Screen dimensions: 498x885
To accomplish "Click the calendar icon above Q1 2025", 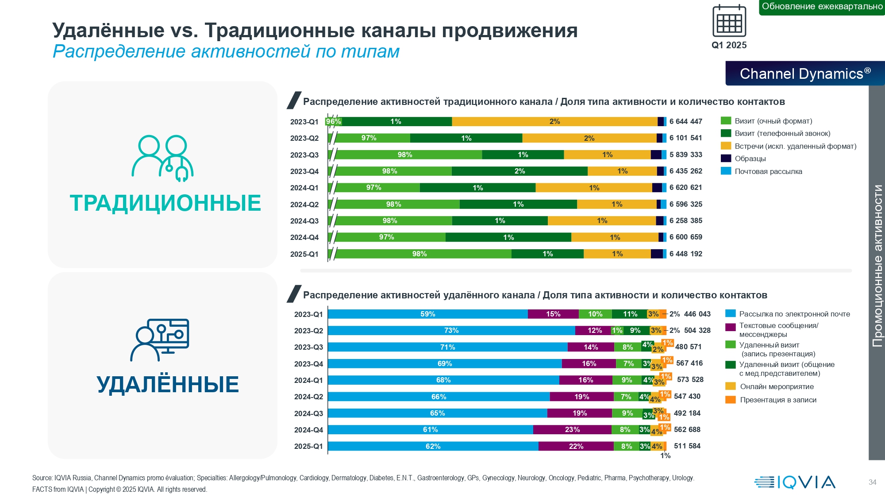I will pyautogui.click(x=729, y=21).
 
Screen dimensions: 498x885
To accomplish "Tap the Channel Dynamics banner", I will pyautogui.click(x=805, y=73).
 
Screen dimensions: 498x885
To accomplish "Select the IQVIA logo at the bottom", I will pyautogui.click(x=795, y=482).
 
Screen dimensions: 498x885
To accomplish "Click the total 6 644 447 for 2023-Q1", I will pyautogui.click(x=685, y=121).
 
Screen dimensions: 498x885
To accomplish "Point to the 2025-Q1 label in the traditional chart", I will pyautogui.click(x=304, y=254).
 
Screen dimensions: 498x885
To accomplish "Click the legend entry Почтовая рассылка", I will pyautogui.click(x=768, y=171).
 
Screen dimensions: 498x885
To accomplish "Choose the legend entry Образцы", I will pyautogui.click(x=750, y=158).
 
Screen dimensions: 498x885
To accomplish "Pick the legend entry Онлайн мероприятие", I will pyautogui.click(x=777, y=386).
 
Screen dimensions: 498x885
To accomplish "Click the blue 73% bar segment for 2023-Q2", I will pyautogui.click(x=451, y=331).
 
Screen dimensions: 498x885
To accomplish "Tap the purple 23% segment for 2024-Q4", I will pyautogui.click(x=572, y=429).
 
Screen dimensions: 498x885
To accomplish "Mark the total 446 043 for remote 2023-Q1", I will pyautogui.click(x=697, y=314).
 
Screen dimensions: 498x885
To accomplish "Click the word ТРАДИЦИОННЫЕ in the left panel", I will pyautogui.click(x=165, y=203).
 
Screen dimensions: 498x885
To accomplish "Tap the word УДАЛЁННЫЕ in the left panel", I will pyautogui.click(x=168, y=384).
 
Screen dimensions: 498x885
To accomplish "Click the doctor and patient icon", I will pyautogui.click(x=162, y=158).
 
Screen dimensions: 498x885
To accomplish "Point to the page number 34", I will pyautogui.click(x=872, y=482).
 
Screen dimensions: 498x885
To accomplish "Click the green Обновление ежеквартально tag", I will pyautogui.click(x=822, y=7).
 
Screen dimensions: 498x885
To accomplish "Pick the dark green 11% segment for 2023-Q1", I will pyautogui.click(x=629, y=314).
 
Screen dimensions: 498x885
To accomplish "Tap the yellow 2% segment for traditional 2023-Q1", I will pyautogui.click(x=554, y=122).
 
